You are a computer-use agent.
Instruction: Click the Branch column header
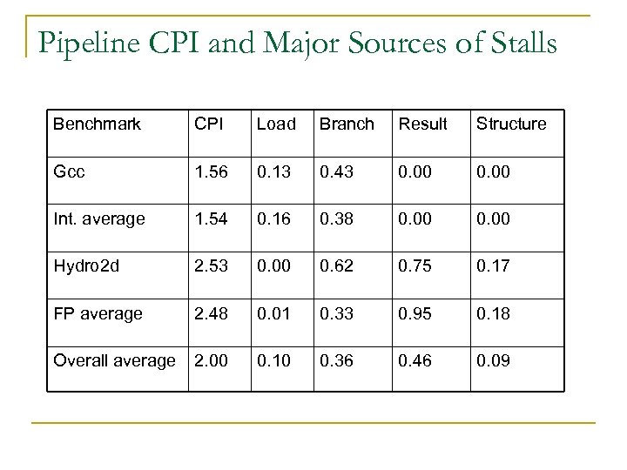(346, 124)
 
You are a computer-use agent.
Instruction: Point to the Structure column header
(511, 124)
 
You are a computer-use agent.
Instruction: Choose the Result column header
(422, 124)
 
